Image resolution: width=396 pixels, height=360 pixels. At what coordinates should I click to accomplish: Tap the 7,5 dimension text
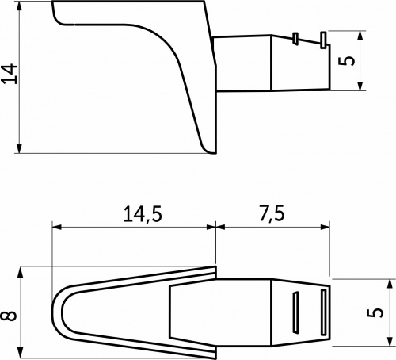(272, 214)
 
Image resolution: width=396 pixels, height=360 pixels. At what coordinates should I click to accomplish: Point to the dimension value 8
(10, 313)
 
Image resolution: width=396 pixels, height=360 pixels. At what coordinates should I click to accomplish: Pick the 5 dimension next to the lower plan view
(379, 313)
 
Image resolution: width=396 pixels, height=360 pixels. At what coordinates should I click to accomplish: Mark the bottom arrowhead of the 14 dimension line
(18, 147)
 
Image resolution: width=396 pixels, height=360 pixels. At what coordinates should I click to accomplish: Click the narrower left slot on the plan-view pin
(295, 313)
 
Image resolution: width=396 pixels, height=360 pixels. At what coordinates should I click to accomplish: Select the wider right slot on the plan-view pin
(323, 313)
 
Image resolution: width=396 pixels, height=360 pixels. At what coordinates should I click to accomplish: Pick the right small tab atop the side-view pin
(322, 39)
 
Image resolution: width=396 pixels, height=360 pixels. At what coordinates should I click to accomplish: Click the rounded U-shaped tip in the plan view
(57, 313)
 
